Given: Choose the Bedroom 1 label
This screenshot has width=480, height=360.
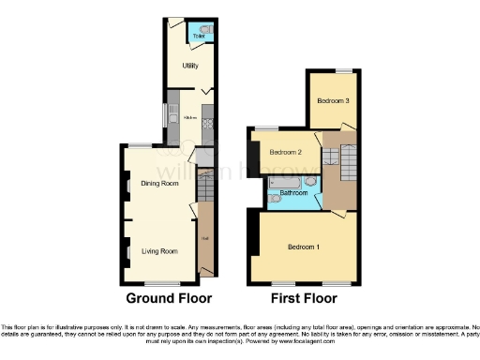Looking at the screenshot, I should point(303,247).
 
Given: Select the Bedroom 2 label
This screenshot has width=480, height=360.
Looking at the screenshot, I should point(285,152).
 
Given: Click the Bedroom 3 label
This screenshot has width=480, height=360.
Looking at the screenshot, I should point(333,100).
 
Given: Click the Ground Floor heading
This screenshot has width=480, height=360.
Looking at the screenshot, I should point(169,299).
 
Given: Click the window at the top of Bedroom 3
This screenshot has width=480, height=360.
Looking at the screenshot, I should point(345,72).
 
